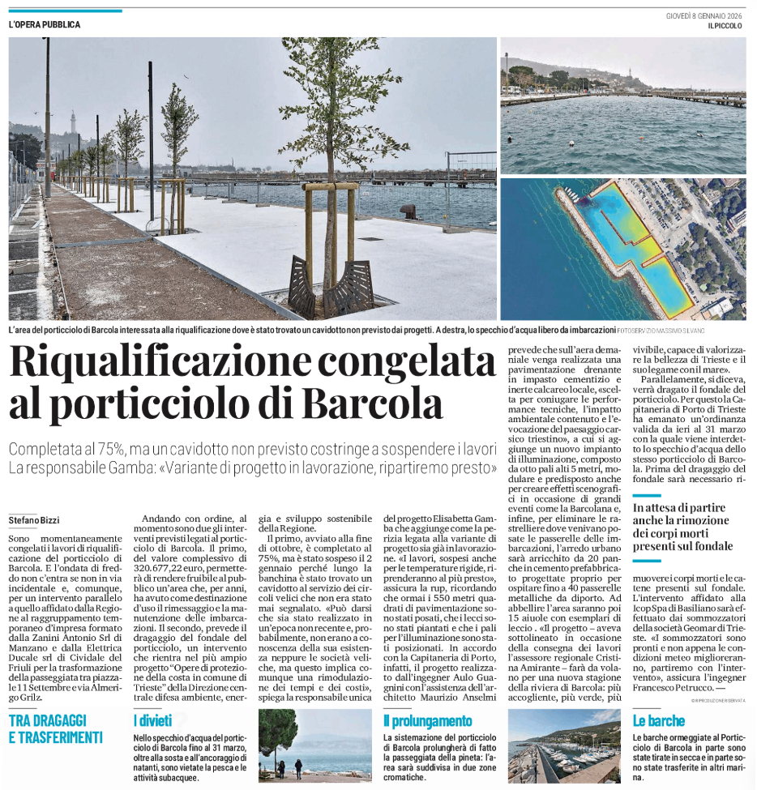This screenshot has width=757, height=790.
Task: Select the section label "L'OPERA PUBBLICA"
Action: (x=45, y=24)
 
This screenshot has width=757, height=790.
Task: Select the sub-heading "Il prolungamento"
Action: (x=428, y=720)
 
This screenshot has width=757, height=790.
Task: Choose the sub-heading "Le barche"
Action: (x=658, y=720)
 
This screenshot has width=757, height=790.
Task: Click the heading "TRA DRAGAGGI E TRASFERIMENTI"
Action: (x=57, y=728)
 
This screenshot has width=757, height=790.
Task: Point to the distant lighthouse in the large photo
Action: (x=73, y=122)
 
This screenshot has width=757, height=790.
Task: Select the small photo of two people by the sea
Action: (x=315, y=745)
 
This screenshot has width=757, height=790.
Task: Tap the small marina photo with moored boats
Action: (x=563, y=745)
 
